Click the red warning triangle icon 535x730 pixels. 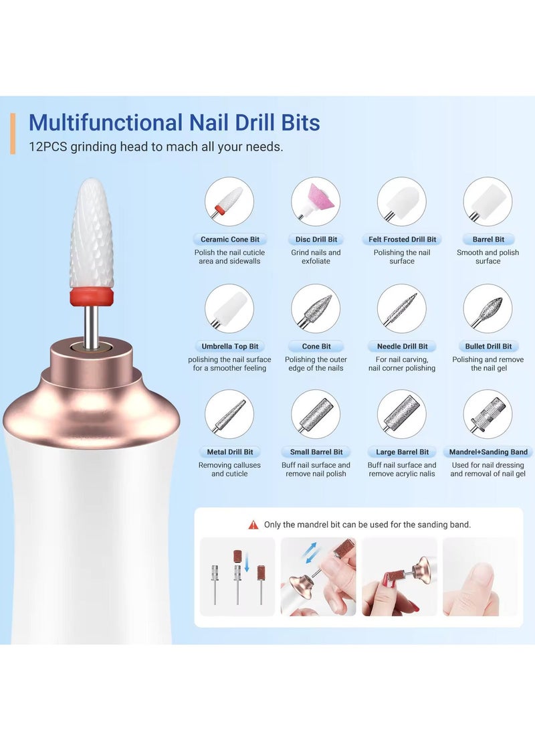click(x=253, y=525)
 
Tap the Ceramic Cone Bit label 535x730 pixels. click(x=229, y=240)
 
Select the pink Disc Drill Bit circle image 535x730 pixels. click(x=316, y=201)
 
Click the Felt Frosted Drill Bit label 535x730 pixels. click(x=402, y=240)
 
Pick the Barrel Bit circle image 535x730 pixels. click(x=488, y=201)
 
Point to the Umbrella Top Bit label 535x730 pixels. click(x=229, y=347)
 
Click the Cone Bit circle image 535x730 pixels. click(x=316, y=308)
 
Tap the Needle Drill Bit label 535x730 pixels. click(x=402, y=347)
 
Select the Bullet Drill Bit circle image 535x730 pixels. click(x=488, y=308)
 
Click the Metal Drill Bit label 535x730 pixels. click(x=229, y=452)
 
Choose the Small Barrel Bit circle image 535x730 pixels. click(x=316, y=414)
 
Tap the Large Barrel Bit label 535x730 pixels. click(x=402, y=452)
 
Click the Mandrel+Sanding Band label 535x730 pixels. click(x=488, y=452)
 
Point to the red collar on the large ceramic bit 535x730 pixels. click(x=92, y=295)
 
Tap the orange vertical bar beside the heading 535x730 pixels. click(x=13, y=133)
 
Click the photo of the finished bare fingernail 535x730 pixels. click(x=479, y=577)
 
